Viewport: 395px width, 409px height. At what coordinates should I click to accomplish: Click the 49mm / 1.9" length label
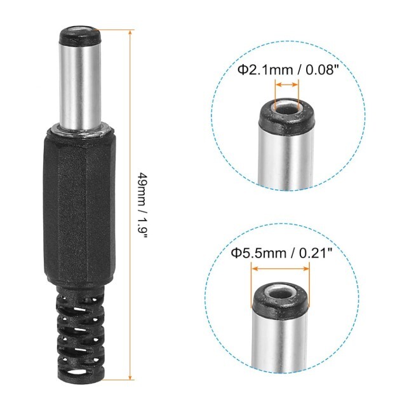coord(142,205)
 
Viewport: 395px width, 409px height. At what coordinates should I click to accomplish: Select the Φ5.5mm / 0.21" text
coord(282,253)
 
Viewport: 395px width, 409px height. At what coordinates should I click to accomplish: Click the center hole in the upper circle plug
coord(286,110)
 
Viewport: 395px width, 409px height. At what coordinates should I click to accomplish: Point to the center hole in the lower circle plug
coord(280,294)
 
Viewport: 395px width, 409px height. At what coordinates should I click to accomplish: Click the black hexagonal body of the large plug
coord(79,206)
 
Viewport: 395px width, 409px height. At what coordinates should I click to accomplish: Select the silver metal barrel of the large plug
coord(80,86)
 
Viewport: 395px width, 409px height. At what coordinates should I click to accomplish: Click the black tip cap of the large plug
coord(80,36)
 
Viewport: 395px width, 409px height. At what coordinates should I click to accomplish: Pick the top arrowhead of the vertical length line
coord(130,32)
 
